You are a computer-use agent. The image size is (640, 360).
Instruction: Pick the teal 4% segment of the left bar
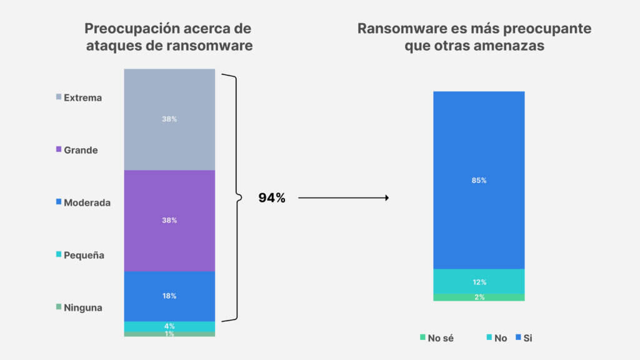(169, 326)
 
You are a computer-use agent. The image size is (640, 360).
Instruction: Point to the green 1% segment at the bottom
(169, 334)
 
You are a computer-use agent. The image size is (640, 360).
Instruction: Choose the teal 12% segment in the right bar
(479, 281)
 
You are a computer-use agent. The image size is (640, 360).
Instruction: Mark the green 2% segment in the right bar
(479, 297)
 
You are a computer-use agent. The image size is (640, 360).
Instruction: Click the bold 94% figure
(272, 198)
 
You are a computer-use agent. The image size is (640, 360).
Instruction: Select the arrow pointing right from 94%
(344, 198)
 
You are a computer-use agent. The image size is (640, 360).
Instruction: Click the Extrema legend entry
(79, 97)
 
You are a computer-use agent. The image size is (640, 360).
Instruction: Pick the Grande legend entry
(77, 150)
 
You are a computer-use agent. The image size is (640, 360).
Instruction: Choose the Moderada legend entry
(83, 202)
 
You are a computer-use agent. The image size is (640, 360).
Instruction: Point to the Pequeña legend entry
(80, 255)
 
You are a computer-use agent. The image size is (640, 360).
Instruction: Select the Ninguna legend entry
(79, 307)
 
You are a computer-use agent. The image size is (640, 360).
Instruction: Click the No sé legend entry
(437, 338)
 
